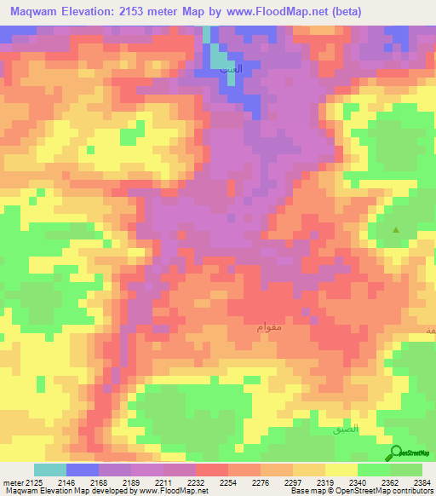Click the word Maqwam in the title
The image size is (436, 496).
[x=36, y=12]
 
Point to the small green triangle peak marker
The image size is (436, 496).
[x=395, y=230]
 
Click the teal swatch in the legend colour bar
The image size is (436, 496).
[x=50, y=470]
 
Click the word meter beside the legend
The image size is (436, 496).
[x=13, y=482]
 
